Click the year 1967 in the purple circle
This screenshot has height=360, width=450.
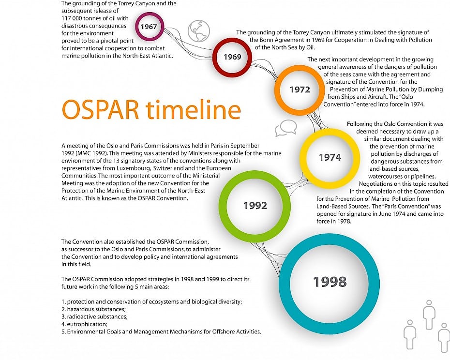pyautogui.click(x=149, y=27)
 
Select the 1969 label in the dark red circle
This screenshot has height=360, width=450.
pyautogui.click(x=232, y=57)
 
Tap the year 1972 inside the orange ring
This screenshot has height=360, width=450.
pyautogui.click(x=300, y=90)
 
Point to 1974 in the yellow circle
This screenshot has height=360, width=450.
pyautogui.click(x=330, y=157)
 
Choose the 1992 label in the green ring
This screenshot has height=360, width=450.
pyautogui.click(x=255, y=206)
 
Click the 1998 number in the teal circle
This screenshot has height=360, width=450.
pyautogui.click(x=330, y=282)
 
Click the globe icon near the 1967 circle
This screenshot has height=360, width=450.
pyautogui.click(x=199, y=30)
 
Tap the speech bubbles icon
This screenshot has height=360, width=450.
pyautogui.click(x=286, y=128)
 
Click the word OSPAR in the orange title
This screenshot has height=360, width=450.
pyautogui.click(x=101, y=110)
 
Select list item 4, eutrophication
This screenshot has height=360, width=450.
pyautogui.click(x=84, y=324)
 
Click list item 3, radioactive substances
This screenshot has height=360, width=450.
pyautogui.click(x=94, y=317)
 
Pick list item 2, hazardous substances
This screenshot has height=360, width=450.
pyautogui.click(x=93, y=310)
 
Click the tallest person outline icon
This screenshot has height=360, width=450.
pyautogui.click(x=429, y=315)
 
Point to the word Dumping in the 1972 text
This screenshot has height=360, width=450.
pyautogui.click(x=431, y=90)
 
